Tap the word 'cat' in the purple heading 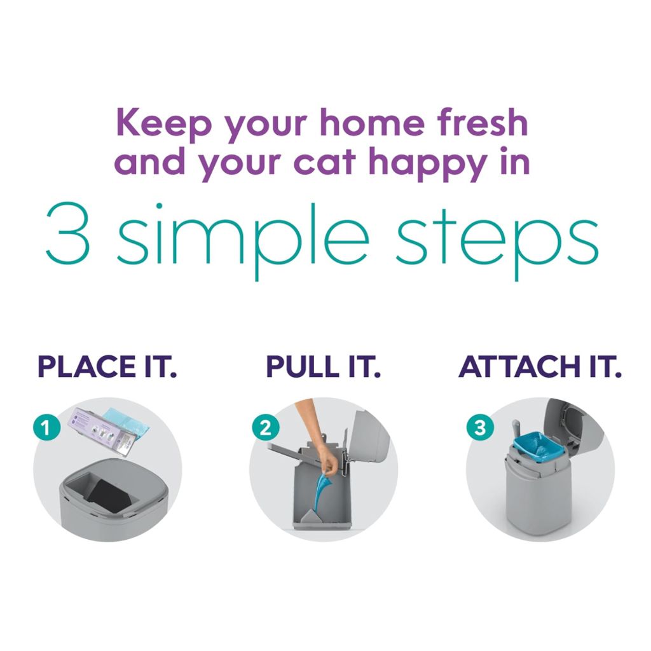pyautogui.click(x=325, y=162)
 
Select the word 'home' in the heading pyautogui.click(x=373, y=123)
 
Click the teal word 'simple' pyautogui.click(x=242, y=242)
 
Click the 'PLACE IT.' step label pyautogui.click(x=107, y=367)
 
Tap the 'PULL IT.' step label pyautogui.click(x=323, y=367)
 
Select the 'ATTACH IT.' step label pyautogui.click(x=540, y=367)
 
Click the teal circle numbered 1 pyautogui.click(x=46, y=428)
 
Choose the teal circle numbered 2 pyautogui.click(x=265, y=428)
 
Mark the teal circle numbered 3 pyautogui.click(x=480, y=428)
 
